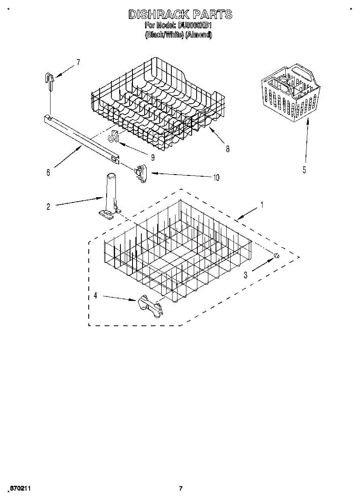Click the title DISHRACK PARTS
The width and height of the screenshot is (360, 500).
[180, 15]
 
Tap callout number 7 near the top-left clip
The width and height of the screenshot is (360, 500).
[78, 62]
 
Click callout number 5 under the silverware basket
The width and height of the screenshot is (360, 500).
[304, 170]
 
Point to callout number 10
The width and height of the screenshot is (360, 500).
[216, 177]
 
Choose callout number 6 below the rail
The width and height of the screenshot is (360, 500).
[48, 172]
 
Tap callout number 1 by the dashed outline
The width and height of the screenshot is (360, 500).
[262, 205]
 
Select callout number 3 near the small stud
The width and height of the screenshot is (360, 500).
[245, 275]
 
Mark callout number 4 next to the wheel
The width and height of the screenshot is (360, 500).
[95, 295]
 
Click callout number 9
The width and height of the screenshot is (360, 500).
[152, 157]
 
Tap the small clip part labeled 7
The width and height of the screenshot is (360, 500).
[50, 80]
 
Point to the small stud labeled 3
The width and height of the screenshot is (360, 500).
[276, 255]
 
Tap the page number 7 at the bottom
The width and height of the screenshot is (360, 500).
[180, 488]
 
